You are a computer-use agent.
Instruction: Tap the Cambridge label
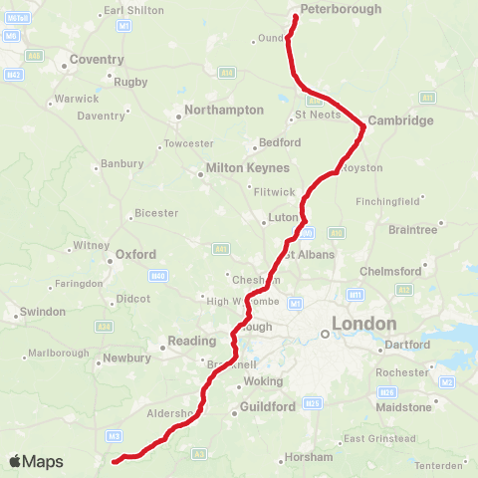tap(400, 120)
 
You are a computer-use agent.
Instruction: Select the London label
tap(363, 324)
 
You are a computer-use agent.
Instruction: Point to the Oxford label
tap(135, 254)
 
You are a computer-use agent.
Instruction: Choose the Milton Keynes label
tap(246, 168)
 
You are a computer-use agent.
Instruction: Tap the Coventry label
tap(97, 60)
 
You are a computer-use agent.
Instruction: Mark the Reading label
tap(192, 341)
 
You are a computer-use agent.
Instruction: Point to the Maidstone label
tap(404, 406)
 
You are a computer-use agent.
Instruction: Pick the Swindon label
tap(42, 312)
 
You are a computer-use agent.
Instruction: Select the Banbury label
tap(121, 164)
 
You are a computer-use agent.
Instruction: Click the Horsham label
tap(308, 457)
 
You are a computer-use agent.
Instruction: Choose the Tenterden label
tap(439, 465)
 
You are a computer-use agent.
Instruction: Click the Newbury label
tap(126, 358)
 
